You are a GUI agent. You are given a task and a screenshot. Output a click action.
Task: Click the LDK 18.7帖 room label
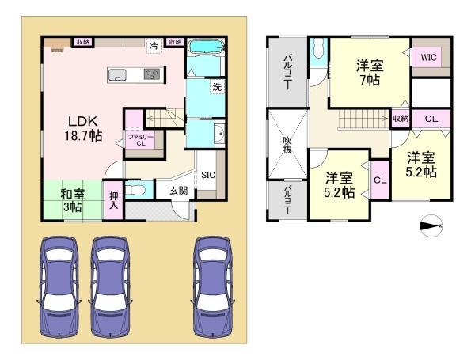coord(83,129)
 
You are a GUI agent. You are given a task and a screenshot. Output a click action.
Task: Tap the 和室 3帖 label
coord(72,201)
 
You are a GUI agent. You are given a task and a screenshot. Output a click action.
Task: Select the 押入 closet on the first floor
coord(113,200)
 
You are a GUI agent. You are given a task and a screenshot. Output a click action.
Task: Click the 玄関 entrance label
coord(178,191)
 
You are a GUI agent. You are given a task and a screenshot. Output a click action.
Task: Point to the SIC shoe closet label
coord(208,175)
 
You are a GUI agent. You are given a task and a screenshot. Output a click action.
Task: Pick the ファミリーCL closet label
coord(141,140)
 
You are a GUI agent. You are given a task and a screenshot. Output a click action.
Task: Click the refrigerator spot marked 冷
coord(154,46)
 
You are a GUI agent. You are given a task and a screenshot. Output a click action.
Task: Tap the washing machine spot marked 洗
coord(217,87)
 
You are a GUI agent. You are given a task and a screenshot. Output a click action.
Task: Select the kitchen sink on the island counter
coord(117,74)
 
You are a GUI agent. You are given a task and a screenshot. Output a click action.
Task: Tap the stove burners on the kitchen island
coord(152,74)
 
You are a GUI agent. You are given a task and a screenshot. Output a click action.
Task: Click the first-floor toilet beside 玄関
coord(135,190)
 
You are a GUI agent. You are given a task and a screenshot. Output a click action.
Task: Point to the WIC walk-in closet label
coord(428,57)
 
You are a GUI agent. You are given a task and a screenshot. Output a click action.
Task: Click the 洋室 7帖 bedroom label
coord(370,73)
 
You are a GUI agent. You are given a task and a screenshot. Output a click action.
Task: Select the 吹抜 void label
coord(287,145)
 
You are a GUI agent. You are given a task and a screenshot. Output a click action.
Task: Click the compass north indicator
coord(431,225)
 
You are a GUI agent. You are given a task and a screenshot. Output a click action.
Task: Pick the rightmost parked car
coord(213,287)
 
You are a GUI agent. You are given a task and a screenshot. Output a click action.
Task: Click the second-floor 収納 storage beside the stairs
coord(401,119)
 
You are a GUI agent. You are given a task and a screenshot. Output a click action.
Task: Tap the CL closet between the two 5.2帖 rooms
coord(380,180)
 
